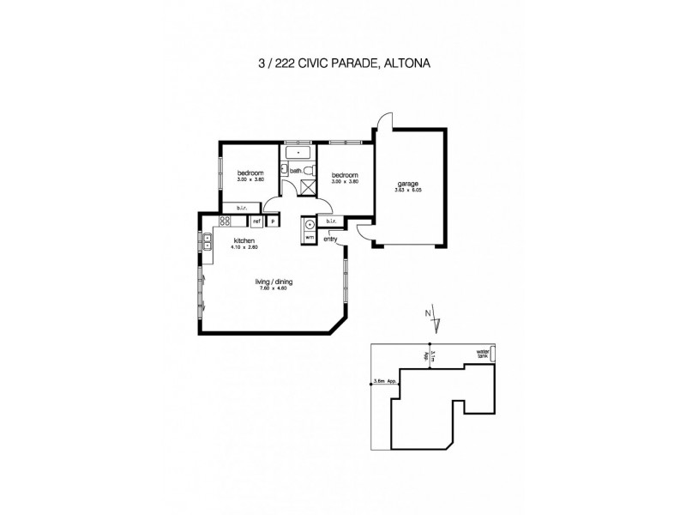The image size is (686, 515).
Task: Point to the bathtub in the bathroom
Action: tap(298, 153)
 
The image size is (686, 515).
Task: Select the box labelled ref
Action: tap(256, 221)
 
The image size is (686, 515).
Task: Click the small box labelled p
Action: tap(273, 221)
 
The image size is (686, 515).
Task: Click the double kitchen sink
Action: tap(208, 240)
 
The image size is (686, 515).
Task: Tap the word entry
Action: tap(330, 239)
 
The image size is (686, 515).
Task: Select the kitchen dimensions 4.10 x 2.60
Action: tap(244, 247)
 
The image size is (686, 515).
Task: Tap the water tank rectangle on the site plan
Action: tap(492, 355)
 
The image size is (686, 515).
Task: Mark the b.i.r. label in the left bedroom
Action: tap(232, 207)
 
